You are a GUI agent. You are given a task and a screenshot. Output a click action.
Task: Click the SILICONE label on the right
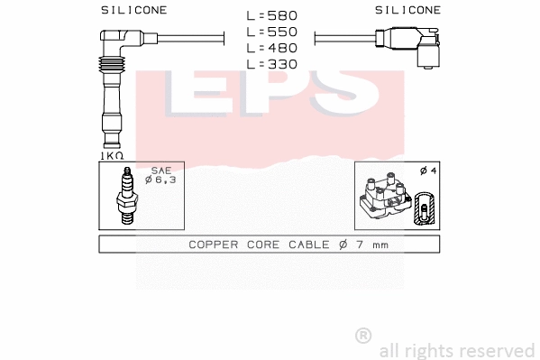coord(408,10)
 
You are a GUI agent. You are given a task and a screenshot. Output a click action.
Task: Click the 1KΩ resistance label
coord(111,155)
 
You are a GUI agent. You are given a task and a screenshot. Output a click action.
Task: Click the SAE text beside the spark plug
coord(160,171)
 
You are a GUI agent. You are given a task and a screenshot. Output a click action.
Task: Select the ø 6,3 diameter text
coord(161,180)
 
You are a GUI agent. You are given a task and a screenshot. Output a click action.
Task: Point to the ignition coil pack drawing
coord(384,200)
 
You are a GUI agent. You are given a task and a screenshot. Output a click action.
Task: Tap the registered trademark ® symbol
coord(363,335)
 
